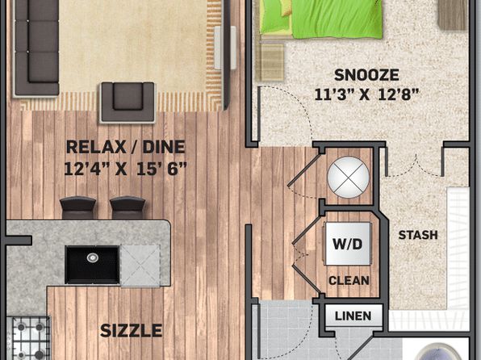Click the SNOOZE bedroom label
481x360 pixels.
(x=366, y=75)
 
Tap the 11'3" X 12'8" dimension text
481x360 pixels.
(x=366, y=94)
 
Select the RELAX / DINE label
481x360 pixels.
(x=125, y=147)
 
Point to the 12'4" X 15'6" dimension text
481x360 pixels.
(x=125, y=169)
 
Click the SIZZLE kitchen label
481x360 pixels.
(x=131, y=330)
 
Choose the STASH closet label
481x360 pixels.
(x=418, y=235)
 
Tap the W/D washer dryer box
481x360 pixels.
(x=348, y=244)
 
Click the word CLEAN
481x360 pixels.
(x=349, y=281)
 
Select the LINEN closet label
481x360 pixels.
(x=353, y=316)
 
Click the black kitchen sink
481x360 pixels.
(x=92, y=265)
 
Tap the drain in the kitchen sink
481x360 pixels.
(x=92, y=257)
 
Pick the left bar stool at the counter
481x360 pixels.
(x=78, y=207)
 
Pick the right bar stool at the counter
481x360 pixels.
(x=128, y=207)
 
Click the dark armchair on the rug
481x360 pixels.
(x=128, y=103)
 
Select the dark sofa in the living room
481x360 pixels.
(x=36, y=48)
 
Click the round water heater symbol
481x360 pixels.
(x=348, y=178)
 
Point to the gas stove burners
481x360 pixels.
(x=29, y=338)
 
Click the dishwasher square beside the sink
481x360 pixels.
(x=140, y=266)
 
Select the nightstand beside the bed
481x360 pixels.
(x=270, y=62)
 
